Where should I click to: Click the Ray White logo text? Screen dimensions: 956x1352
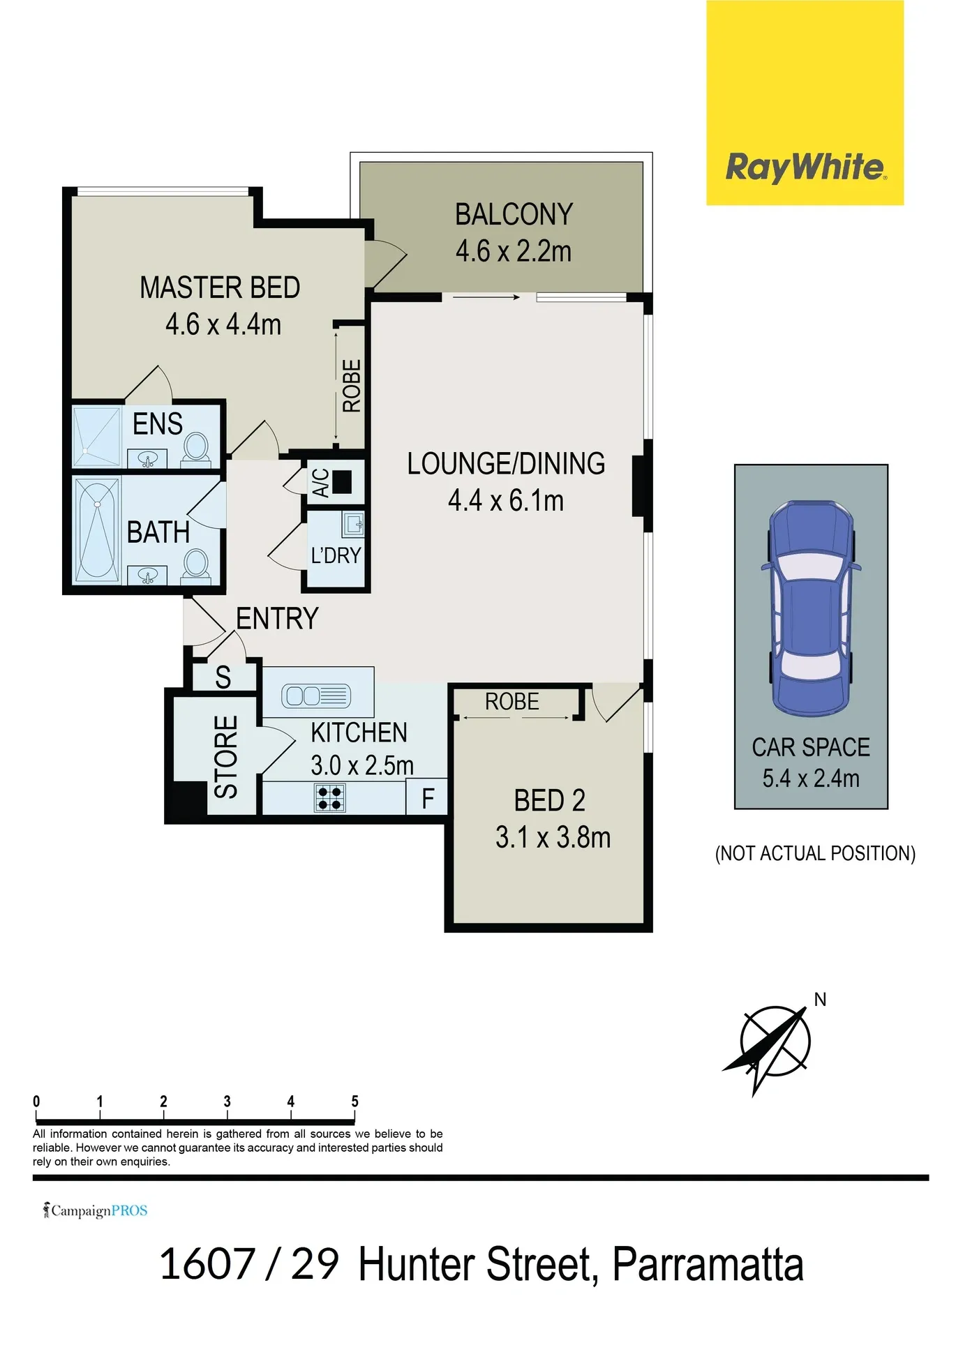(806, 168)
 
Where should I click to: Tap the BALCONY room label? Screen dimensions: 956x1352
(514, 214)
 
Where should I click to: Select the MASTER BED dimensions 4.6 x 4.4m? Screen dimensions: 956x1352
(223, 324)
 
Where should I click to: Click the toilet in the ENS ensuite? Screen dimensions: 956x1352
(196, 447)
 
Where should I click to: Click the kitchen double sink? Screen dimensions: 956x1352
(316, 696)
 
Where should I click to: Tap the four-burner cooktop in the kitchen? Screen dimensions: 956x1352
(329, 798)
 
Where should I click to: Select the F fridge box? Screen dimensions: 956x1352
(426, 797)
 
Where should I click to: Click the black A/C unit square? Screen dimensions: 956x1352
(342, 482)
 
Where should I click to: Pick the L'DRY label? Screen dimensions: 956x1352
(336, 556)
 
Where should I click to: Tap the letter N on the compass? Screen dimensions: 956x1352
(821, 1000)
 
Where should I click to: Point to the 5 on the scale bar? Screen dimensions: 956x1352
(354, 1101)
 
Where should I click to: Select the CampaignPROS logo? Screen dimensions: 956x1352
(96, 1210)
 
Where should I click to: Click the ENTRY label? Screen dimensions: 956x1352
(277, 619)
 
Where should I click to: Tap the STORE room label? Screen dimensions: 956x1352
(226, 757)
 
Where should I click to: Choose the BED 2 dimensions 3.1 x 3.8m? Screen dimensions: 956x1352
(553, 838)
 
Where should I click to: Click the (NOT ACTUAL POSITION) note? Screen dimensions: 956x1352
(815, 854)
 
